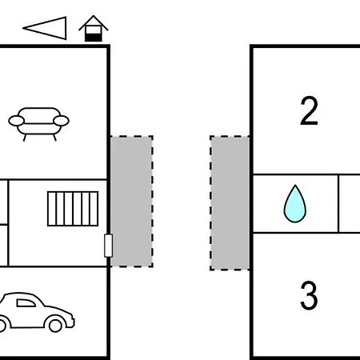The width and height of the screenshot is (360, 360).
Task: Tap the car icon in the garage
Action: (x=36, y=313)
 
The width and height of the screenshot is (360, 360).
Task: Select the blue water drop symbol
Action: (x=295, y=204)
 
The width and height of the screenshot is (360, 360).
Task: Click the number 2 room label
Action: (x=309, y=110)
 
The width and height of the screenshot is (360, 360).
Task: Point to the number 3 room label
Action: (x=309, y=295)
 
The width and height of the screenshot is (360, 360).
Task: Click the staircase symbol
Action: (x=73, y=209)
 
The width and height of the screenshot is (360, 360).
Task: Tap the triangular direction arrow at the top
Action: (x=45, y=28)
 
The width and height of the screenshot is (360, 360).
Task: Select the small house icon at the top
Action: (x=94, y=28)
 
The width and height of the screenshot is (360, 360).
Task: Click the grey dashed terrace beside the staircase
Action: (x=132, y=202)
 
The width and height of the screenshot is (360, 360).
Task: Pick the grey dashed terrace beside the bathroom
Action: (x=230, y=203)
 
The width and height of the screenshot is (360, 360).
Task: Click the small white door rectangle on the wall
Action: (x=108, y=246)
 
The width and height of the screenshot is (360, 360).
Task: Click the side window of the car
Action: (x=26, y=303)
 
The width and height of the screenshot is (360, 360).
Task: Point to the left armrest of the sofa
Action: (x=17, y=121)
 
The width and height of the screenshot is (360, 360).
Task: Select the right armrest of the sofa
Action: (x=61, y=121)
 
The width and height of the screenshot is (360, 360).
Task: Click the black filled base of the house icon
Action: (x=94, y=38)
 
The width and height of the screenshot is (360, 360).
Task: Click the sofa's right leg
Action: (x=54, y=138)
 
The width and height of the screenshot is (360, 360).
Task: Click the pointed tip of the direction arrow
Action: (x=23, y=28)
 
